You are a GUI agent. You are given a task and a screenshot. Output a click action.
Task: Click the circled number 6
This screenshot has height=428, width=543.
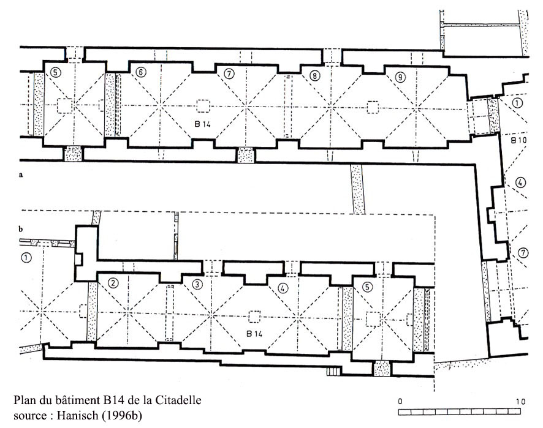tap(140, 72)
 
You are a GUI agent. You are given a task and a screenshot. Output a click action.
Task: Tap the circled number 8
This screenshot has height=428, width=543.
tap(314, 75)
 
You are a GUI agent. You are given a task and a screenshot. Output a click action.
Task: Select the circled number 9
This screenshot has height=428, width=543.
tap(400, 77)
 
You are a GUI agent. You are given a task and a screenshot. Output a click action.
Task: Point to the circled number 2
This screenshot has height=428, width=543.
tap(113, 283)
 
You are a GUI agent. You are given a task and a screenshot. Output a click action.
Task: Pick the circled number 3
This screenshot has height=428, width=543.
tap(197, 284)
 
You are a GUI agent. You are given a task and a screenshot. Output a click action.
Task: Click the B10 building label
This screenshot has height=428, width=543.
tap(518, 140)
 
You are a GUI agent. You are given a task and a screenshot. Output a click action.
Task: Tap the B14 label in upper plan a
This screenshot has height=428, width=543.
tap(203, 124)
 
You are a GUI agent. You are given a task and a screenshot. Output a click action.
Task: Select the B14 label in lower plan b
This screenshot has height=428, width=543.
tap(254, 334)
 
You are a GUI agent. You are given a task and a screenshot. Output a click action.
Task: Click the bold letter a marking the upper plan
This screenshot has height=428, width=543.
tap(21, 175)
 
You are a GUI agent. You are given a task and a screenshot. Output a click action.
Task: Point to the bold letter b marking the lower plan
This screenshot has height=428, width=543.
tap(21, 229)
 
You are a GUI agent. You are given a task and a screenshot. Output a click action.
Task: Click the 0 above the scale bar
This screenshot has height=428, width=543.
tap(400, 401)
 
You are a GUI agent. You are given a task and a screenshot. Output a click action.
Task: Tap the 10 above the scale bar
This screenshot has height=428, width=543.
tap(520, 401)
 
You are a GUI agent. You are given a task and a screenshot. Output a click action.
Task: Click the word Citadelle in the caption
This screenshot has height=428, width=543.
tap(178, 400)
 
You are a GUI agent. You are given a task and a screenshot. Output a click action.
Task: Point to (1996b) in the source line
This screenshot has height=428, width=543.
tap(121, 415)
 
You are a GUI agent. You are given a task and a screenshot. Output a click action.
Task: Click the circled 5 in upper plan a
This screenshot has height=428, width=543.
tap(55, 72)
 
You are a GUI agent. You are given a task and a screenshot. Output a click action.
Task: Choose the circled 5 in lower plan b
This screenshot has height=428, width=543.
tap(367, 287)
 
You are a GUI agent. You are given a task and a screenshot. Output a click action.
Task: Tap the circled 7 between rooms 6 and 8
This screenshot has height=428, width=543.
tap(229, 73)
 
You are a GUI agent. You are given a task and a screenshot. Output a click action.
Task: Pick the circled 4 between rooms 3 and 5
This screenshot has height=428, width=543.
tap(283, 288)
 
